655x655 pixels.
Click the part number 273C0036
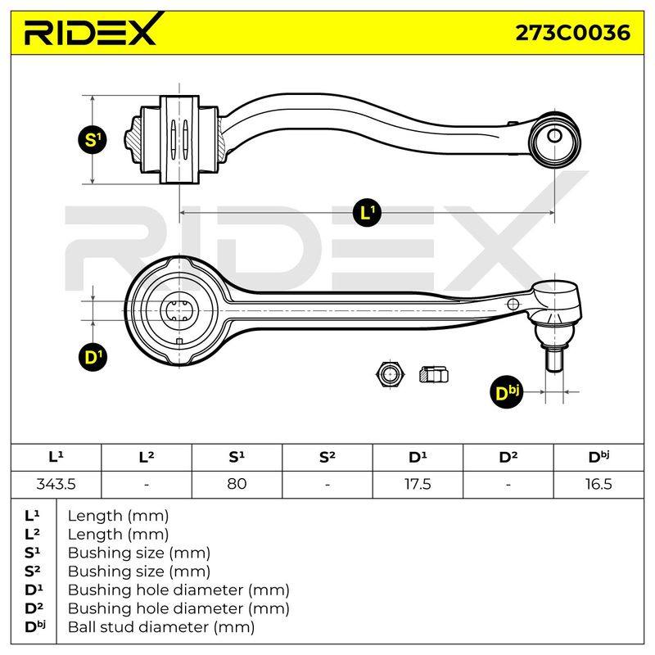click(x=572, y=33)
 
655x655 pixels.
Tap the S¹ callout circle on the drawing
click(x=92, y=139)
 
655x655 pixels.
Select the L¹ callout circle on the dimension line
click(x=367, y=213)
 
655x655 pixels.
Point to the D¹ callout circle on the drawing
click(x=93, y=358)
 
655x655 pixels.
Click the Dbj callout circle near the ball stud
click(x=506, y=392)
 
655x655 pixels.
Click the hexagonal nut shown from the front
click(x=391, y=373)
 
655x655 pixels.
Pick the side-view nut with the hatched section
click(x=434, y=374)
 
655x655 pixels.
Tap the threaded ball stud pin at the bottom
click(x=554, y=359)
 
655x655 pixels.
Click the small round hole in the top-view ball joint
click(x=554, y=136)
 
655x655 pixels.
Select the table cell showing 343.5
click(x=56, y=484)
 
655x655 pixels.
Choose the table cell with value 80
click(x=237, y=484)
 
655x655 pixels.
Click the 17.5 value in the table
click(x=418, y=484)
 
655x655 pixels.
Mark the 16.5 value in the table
click(x=599, y=484)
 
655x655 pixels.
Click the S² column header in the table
click(x=327, y=457)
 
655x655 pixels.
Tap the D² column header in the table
click(x=508, y=457)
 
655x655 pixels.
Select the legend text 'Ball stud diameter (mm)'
click(x=161, y=627)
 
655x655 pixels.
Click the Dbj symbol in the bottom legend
click(x=34, y=626)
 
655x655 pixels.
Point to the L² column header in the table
click(x=147, y=457)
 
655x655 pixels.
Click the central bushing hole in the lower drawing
click(x=179, y=311)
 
